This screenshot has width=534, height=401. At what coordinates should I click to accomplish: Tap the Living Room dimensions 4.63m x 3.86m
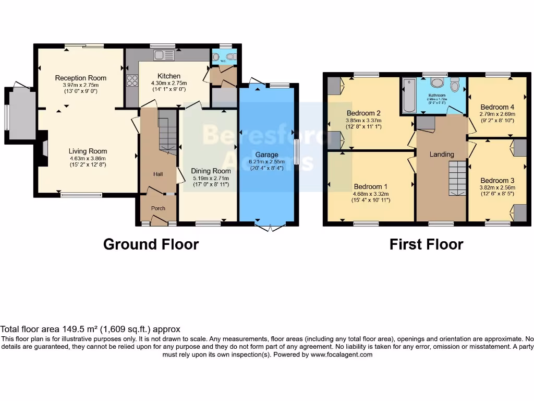pos(88,158)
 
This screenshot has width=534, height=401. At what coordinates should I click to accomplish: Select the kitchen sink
pos(163,55)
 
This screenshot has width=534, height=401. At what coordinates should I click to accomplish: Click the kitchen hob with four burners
pos(132,80)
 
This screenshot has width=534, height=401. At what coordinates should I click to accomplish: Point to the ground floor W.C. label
pos(223,61)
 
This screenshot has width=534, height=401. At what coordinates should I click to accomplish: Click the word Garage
pos(266,155)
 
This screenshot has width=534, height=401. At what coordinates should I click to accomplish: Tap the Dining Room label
pos(211,171)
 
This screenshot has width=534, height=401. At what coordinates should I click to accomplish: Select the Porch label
pos(158,208)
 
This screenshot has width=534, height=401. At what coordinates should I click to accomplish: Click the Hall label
pos(158,174)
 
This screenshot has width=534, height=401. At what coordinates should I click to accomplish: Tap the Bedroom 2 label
pos(363,113)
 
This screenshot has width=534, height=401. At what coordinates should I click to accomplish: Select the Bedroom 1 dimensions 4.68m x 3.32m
pos(370,194)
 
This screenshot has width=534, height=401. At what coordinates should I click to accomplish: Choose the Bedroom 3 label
pos(497,181)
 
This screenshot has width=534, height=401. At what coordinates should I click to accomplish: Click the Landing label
pos(441,154)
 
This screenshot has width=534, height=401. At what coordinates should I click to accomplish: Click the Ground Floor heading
pos(151,244)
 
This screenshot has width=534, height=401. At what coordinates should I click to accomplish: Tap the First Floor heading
pos(426,244)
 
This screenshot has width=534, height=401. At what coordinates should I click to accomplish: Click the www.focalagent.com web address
pos(341,355)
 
